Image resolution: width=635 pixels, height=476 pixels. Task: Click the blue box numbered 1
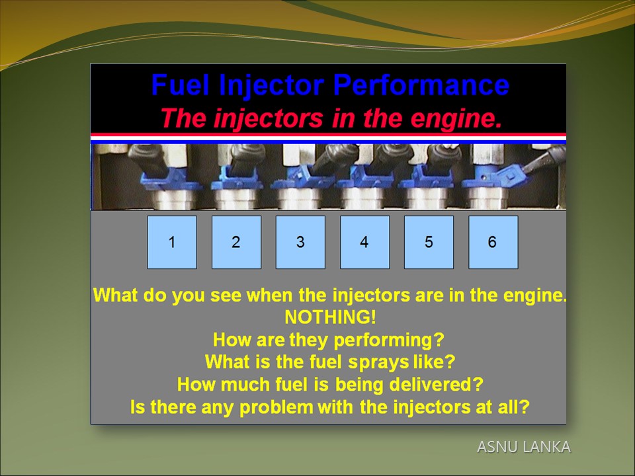172,242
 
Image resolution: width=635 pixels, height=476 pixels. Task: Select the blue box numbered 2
237,242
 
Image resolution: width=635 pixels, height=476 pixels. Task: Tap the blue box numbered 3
300,242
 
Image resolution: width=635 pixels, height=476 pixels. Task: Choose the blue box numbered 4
365,242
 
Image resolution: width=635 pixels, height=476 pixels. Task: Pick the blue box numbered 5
429,242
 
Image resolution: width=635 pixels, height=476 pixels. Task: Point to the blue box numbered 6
493,242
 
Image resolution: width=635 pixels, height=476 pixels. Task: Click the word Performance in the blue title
421,85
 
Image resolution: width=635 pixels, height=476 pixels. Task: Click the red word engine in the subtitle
456,119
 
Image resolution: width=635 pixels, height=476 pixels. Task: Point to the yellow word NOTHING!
331,317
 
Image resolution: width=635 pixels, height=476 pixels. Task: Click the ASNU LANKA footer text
524,447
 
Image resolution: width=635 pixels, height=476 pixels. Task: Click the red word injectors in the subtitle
268,119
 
